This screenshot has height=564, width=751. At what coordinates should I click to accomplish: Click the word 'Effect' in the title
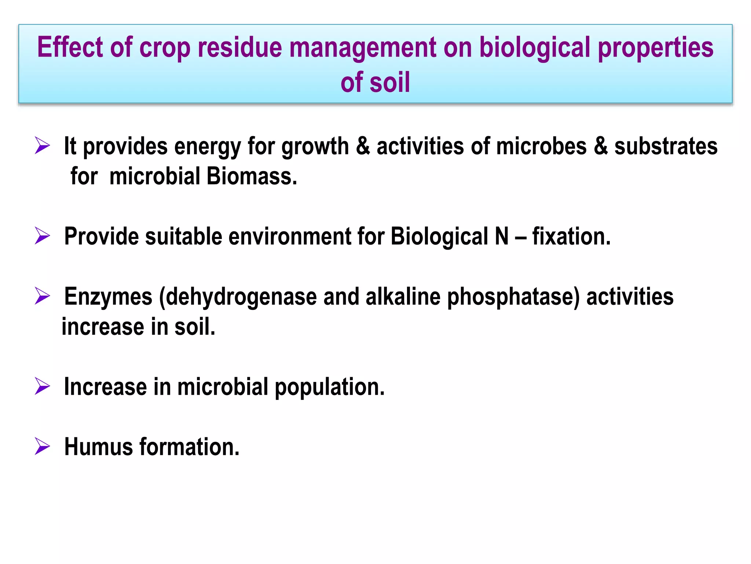(70, 47)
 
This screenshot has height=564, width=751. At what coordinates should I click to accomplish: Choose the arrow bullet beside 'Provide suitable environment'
(42, 235)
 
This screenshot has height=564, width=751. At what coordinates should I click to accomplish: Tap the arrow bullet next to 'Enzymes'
(42, 296)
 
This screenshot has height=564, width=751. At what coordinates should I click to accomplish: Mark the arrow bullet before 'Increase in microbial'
(42, 386)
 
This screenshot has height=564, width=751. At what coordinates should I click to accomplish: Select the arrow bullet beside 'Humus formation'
(42, 446)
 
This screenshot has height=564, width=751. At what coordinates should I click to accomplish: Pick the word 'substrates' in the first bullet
(666, 146)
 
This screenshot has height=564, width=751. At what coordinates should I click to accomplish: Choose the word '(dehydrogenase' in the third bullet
(238, 297)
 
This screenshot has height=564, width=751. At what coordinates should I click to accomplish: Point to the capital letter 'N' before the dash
(502, 236)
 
